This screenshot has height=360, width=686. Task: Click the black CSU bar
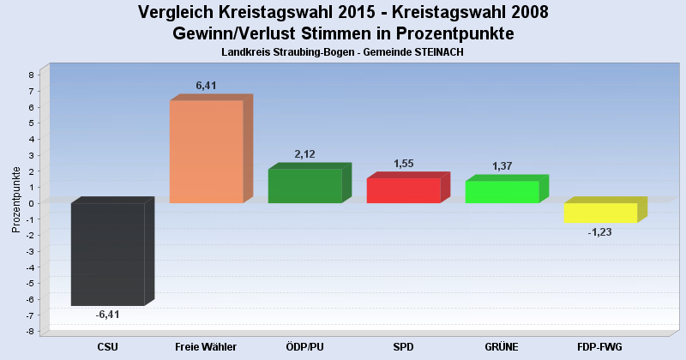pyautogui.click(x=107, y=254)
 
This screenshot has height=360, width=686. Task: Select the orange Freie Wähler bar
pyautogui.click(x=206, y=152)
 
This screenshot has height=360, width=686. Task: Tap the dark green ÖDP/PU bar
pyautogui.click(x=304, y=185)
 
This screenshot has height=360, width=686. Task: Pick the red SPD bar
pyautogui.click(x=403, y=190)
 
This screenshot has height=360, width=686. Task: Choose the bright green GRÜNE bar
pyautogui.click(x=502, y=192)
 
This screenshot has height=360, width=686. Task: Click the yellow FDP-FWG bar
pyautogui.click(x=600, y=213)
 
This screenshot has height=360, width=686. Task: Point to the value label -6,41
pyautogui.click(x=107, y=315)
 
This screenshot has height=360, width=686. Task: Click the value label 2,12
pyautogui.click(x=305, y=154)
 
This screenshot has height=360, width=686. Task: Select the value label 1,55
pyautogui.click(x=404, y=164)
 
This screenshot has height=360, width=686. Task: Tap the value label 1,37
pyautogui.click(x=502, y=166)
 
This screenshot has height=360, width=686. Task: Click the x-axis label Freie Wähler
pyautogui.click(x=206, y=346)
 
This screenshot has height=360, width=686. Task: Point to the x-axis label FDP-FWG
pyautogui.click(x=600, y=346)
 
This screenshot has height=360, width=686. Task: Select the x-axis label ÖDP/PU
pyautogui.click(x=304, y=346)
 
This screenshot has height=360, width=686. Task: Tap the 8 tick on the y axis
pyautogui.click(x=31, y=75)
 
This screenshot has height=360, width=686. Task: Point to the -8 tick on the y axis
pyautogui.click(x=29, y=332)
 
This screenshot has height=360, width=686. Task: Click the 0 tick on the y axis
pyautogui.click(x=31, y=203)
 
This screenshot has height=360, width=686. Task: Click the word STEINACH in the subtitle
pyautogui.click(x=437, y=52)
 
